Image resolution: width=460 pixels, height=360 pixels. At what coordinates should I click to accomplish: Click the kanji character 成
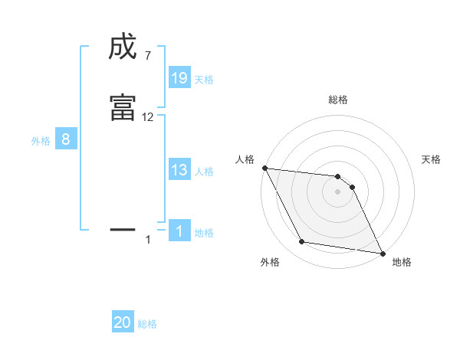pos(123,48)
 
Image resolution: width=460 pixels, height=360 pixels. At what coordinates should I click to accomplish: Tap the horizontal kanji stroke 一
pos(123,228)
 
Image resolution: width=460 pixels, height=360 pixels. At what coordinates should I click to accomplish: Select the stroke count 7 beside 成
pos(147,56)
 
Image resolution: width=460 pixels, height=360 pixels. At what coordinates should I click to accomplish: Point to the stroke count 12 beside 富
pos(148,117)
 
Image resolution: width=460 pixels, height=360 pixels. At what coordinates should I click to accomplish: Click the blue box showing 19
pos(179,78)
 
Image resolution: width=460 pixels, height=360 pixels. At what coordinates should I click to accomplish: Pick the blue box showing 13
pos(179,170)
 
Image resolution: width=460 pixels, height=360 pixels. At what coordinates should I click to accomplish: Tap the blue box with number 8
pos(66,139)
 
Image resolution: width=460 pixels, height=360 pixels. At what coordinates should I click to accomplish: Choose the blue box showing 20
pos(123,322)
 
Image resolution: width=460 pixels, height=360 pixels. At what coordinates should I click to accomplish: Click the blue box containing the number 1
pos(179,231)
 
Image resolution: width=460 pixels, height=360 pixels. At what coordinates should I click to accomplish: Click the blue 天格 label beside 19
pos(204,79)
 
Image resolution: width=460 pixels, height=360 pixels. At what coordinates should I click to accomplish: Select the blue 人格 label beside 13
pos(204,171)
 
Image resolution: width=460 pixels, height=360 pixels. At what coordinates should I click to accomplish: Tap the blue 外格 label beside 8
pos(41,140)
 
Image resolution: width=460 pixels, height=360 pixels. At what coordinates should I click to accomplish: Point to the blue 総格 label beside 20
pos(147,323)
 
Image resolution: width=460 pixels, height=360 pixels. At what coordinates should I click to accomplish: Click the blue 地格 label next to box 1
pos(204,232)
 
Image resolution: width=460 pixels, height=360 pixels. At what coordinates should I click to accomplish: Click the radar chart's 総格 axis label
pos(338,100)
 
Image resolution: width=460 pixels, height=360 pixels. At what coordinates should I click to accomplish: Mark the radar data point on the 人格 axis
pos(264,168)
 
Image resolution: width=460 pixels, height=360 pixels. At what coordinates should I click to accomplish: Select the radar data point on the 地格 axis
pos(382,253)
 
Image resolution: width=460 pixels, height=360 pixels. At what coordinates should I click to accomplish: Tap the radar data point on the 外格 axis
pos(302,242)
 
